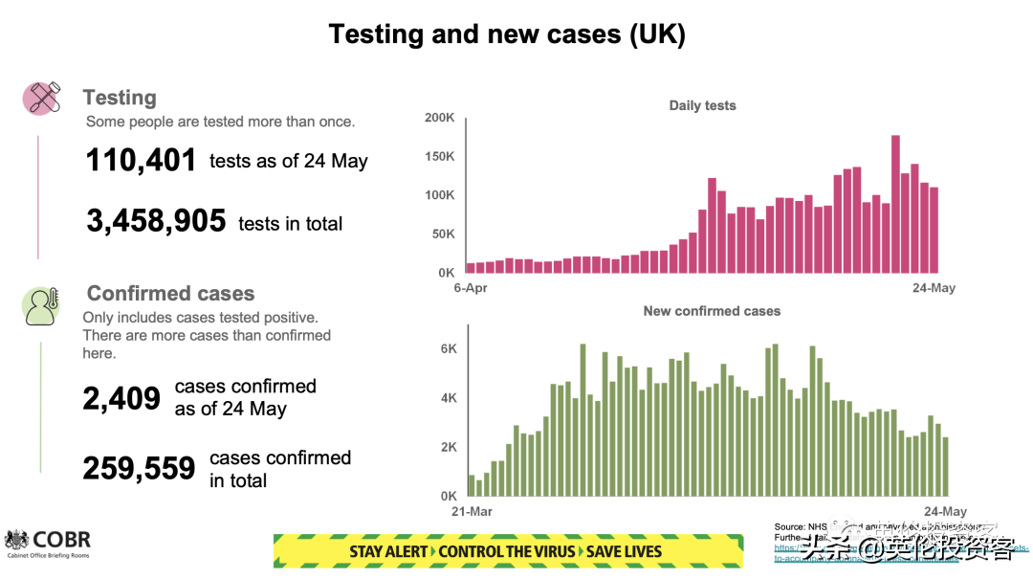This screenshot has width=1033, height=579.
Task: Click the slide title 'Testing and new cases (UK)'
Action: [507, 34]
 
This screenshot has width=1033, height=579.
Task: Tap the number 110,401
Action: [141, 161]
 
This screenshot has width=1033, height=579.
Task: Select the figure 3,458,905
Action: [156, 222]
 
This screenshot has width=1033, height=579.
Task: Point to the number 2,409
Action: [121, 398]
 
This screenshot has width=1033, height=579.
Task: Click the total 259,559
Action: [139, 468]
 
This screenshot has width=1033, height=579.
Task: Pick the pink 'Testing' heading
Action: [120, 98]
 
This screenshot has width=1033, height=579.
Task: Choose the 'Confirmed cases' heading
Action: [170, 294]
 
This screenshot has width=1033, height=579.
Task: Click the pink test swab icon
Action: [42, 98]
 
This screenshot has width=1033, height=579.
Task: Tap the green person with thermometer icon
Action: [41, 305]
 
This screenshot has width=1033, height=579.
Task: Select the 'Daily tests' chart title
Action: [702, 105]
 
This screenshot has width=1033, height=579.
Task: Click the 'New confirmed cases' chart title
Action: [712, 311]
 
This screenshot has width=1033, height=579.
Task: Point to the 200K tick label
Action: [440, 118]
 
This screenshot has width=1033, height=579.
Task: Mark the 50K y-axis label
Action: [444, 234]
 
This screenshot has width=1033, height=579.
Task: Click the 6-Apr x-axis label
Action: [472, 288]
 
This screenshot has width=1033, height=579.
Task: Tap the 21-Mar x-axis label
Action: [472, 512]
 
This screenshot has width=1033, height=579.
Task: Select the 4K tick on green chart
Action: [449, 398]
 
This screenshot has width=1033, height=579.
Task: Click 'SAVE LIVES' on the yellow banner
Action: [624, 551]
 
